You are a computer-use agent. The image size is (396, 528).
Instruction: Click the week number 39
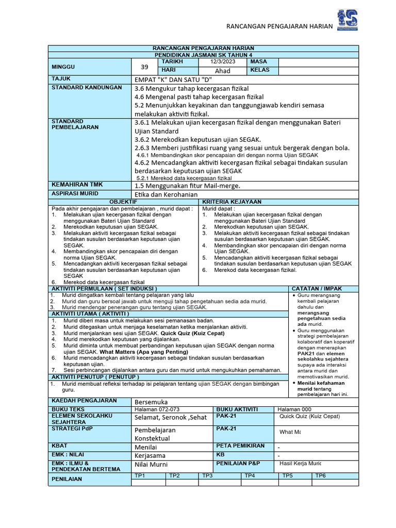click(144, 66)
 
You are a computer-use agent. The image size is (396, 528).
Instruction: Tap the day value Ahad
click(222, 71)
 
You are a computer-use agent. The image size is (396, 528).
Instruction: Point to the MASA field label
click(258, 61)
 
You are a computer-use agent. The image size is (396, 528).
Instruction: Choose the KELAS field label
click(260, 70)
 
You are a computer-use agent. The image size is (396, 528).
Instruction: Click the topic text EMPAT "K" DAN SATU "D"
click(173, 79)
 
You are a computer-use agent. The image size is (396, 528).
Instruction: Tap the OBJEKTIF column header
click(123, 202)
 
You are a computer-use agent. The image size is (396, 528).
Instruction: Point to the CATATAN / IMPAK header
click(317, 288)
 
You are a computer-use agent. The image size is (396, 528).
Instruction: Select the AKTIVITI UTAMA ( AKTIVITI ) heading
click(90, 313)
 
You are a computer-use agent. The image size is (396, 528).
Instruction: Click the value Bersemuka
click(151, 401)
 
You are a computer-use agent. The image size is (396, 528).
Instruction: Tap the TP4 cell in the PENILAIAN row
click(250, 475)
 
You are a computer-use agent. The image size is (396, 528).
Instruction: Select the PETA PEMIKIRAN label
click(241, 445)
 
